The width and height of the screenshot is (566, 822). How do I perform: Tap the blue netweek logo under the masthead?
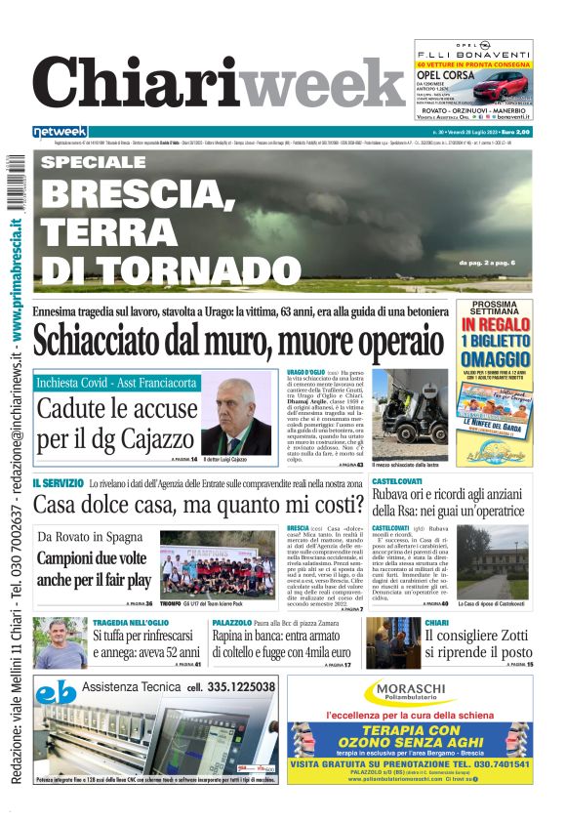(60, 132)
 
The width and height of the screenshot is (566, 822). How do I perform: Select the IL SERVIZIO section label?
(58, 483)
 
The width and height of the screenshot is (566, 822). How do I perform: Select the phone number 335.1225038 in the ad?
(231, 686)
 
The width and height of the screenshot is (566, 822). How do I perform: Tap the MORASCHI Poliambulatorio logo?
(410, 693)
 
